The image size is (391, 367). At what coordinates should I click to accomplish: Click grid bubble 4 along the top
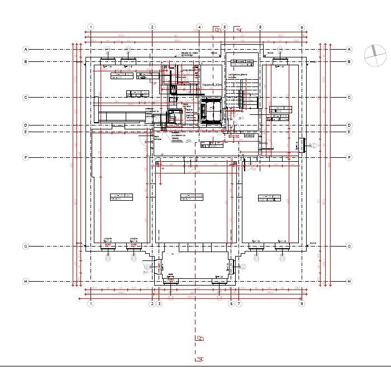click(199, 27)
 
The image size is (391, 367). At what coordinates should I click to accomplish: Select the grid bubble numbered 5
click(225, 27)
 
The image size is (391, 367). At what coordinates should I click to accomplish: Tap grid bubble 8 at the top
click(260, 27)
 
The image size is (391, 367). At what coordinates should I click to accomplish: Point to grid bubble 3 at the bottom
click(159, 303)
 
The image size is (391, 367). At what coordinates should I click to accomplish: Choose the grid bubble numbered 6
click(231, 303)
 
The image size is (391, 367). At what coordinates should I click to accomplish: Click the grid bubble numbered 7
click(239, 303)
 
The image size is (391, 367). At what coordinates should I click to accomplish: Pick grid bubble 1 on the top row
click(91, 27)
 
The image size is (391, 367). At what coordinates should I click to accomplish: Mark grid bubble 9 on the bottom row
click(302, 303)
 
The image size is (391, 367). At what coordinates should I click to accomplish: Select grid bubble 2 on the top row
click(152, 27)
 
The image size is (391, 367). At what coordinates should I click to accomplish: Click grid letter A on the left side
click(26, 49)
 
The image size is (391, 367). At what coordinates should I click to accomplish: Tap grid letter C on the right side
click(349, 97)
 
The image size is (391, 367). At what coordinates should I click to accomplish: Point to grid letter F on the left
click(26, 158)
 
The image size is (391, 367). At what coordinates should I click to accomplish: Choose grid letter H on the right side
click(349, 281)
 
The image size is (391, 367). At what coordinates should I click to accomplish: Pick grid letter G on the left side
click(26, 246)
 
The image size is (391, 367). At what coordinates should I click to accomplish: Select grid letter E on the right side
click(349, 132)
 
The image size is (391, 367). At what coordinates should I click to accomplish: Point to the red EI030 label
click(233, 136)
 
